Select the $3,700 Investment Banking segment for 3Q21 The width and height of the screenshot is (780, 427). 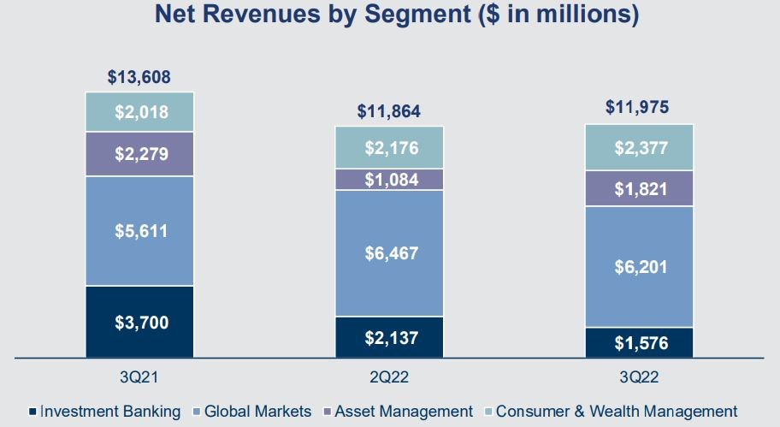coord(139,322)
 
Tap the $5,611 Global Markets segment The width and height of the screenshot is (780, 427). coord(139,231)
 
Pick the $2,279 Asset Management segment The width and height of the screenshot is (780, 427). coord(139,154)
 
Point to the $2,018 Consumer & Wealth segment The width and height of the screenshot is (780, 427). coord(139,111)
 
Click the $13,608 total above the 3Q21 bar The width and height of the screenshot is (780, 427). coord(139,77)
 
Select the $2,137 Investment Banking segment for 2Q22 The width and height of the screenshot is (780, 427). coord(389,337)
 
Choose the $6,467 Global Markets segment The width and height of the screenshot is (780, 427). coord(389,253)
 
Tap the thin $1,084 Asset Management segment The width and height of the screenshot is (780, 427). coord(389,180)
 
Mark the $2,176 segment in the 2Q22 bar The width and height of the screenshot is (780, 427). coord(389,147)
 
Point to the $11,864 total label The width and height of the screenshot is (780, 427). coord(389,111)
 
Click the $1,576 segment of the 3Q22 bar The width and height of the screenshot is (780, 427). coord(639,342)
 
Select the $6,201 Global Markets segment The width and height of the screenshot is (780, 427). coord(639,267)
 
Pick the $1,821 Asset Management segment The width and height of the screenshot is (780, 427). coord(639,188)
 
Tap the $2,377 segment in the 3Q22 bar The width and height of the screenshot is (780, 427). coord(639,147)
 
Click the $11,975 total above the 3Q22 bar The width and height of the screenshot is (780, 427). coord(639,108)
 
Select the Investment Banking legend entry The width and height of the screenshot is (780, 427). coord(106,412)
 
